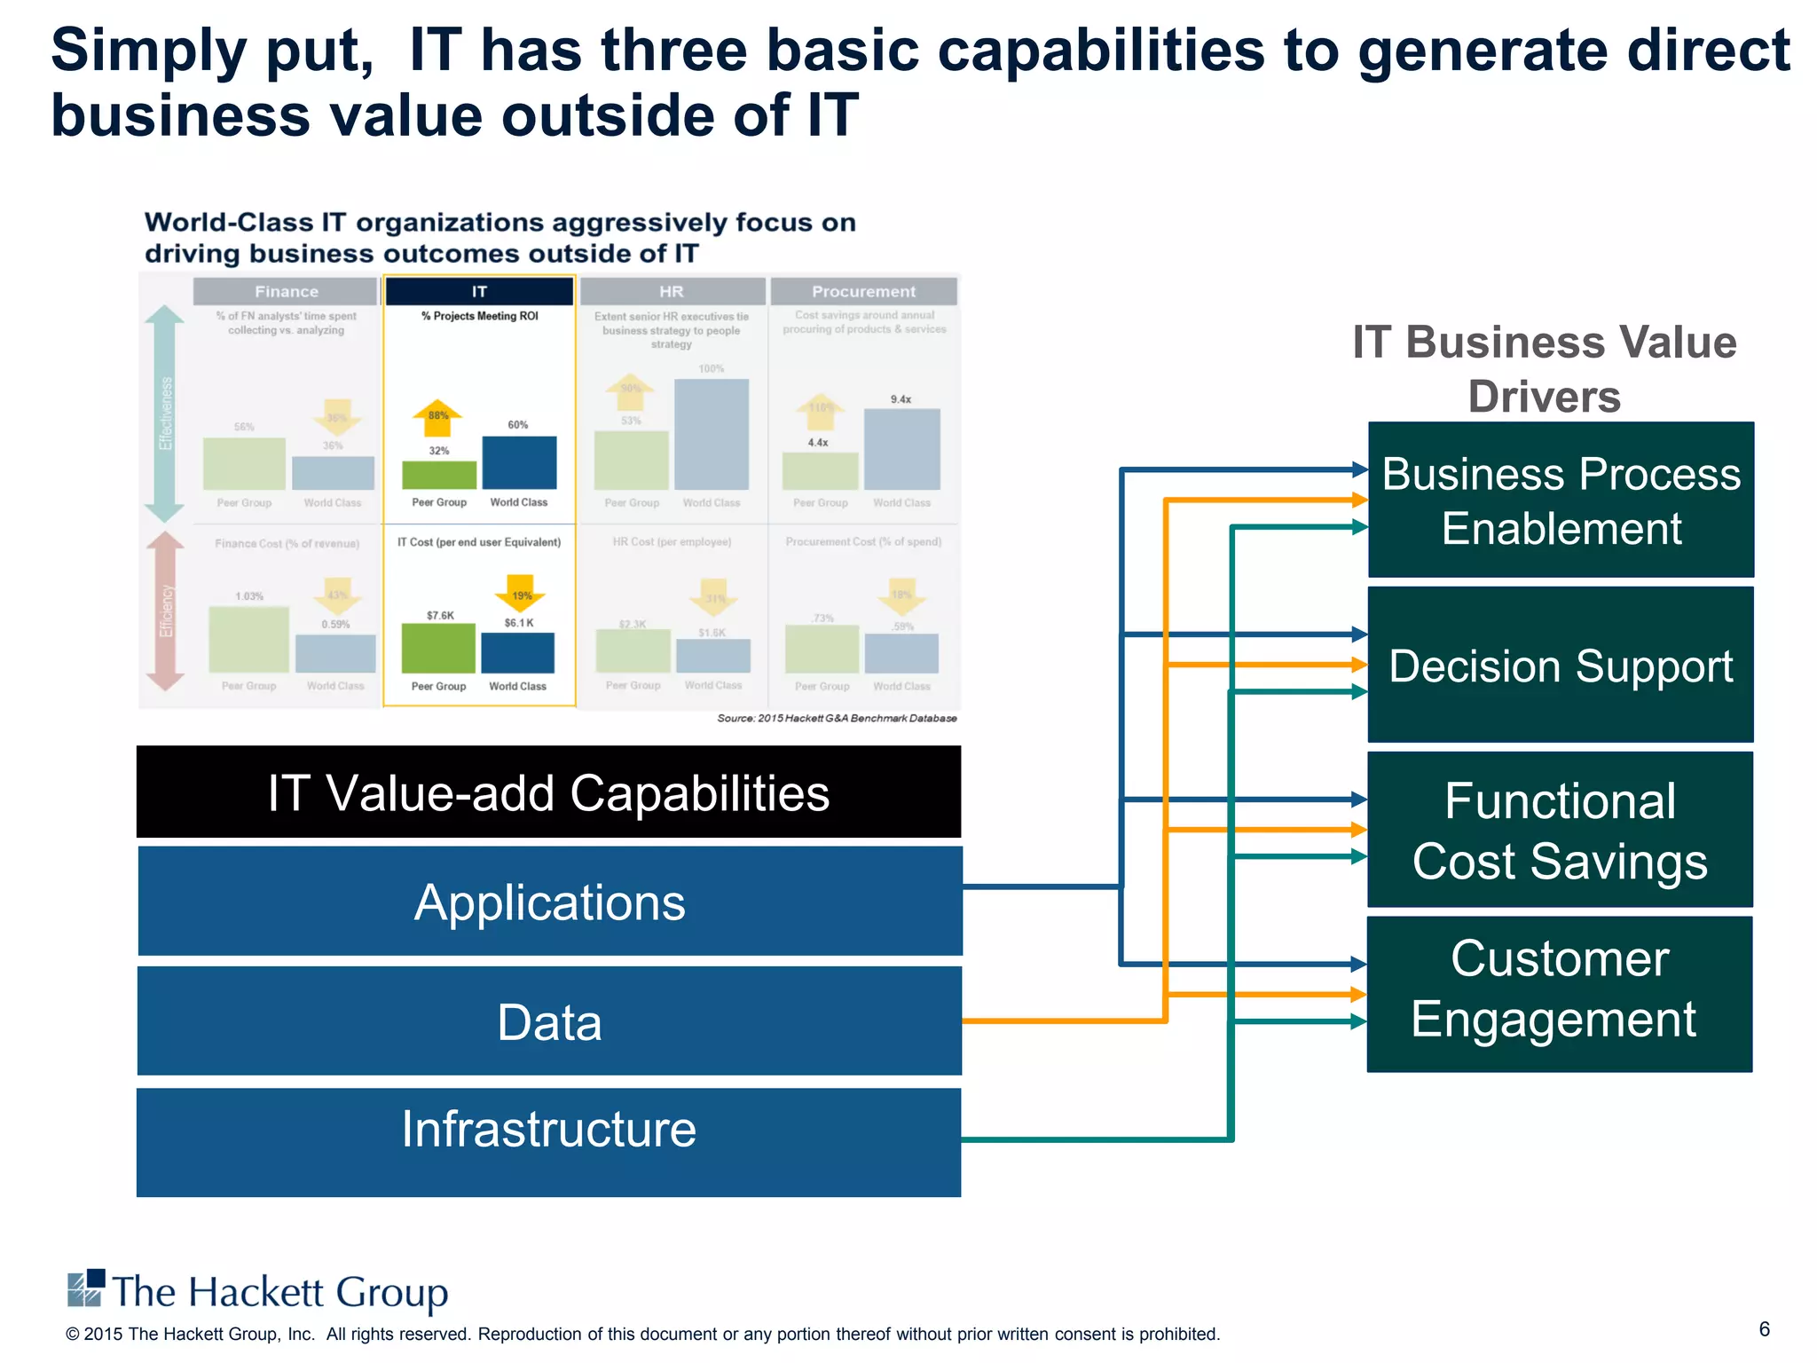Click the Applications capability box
(549, 901)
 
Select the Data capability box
(549, 1020)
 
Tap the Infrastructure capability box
(549, 1141)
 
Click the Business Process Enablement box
(1561, 500)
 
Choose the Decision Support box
(1561, 665)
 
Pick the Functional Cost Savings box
(1561, 830)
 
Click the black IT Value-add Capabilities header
(549, 792)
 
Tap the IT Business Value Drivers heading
(1544, 368)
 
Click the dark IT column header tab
(479, 291)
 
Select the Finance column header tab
(286, 291)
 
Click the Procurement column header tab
(863, 291)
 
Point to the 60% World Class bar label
(518, 425)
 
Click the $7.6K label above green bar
(440, 615)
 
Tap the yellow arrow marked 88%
(438, 417)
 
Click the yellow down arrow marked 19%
(522, 593)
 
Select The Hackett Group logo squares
(86, 1288)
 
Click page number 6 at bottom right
(1765, 1328)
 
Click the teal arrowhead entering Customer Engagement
(1358, 1022)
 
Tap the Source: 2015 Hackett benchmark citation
(837, 718)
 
